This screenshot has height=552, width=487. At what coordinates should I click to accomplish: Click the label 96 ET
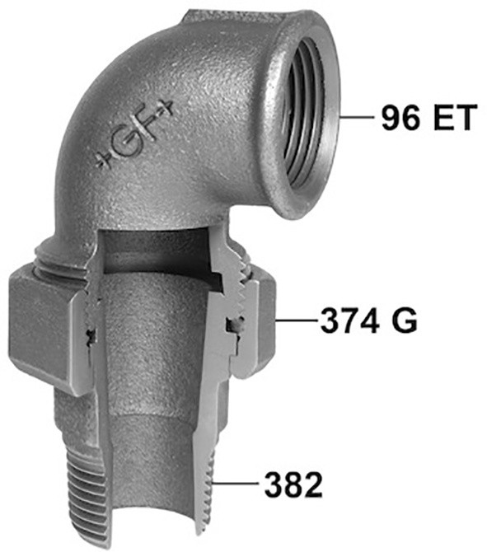pos(428,118)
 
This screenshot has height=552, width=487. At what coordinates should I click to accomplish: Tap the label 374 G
pos(368,320)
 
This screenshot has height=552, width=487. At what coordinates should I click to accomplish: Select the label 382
pos(293,485)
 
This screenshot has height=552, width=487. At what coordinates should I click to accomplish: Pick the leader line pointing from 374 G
pos(297,320)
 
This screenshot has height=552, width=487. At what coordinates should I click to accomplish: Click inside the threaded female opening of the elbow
pos(303,116)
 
